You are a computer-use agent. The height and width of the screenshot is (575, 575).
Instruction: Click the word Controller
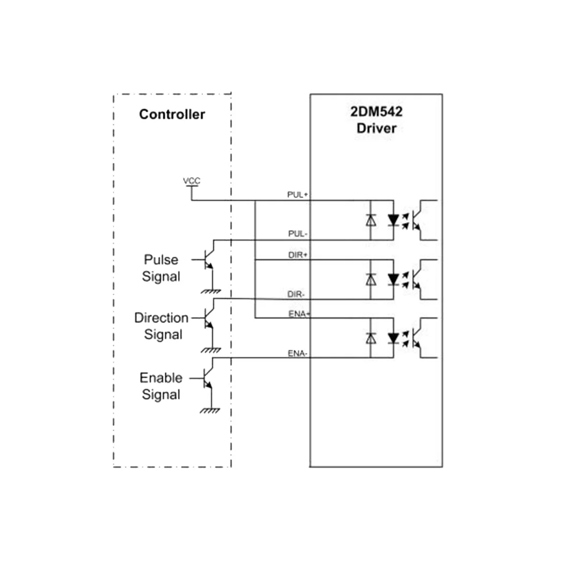click(172, 115)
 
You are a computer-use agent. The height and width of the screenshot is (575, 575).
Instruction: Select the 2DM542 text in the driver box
click(376, 112)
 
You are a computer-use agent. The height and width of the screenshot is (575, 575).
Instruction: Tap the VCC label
click(192, 181)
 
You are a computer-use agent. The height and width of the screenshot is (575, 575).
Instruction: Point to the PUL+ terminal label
click(297, 195)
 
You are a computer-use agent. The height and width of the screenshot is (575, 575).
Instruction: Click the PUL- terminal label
click(298, 234)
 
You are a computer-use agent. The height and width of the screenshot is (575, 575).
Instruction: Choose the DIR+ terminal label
click(298, 255)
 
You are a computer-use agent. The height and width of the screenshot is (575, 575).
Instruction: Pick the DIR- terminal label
click(296, 294)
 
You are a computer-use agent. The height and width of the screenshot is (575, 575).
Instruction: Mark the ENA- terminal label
click(297, 354)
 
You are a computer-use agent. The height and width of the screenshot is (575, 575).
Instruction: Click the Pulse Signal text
click(161, 268)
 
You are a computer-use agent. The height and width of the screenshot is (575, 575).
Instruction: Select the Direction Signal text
click(162, 326)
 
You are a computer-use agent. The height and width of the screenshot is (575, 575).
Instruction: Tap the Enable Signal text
click(161, 386)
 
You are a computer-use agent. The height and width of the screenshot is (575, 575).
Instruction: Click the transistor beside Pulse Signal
click(208, 260)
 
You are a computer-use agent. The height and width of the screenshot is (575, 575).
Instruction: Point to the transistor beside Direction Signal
click(208, 318)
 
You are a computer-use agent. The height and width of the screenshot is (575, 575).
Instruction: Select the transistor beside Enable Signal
click(207, 378)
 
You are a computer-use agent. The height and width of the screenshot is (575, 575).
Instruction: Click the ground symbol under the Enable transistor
click(210, 410)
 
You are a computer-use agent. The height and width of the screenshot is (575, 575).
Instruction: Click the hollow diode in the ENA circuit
click(370, 338)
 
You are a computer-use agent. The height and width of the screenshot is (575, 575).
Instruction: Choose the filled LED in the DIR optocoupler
click(393, 279)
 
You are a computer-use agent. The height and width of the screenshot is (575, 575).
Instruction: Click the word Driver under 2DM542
click(377, 128)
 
